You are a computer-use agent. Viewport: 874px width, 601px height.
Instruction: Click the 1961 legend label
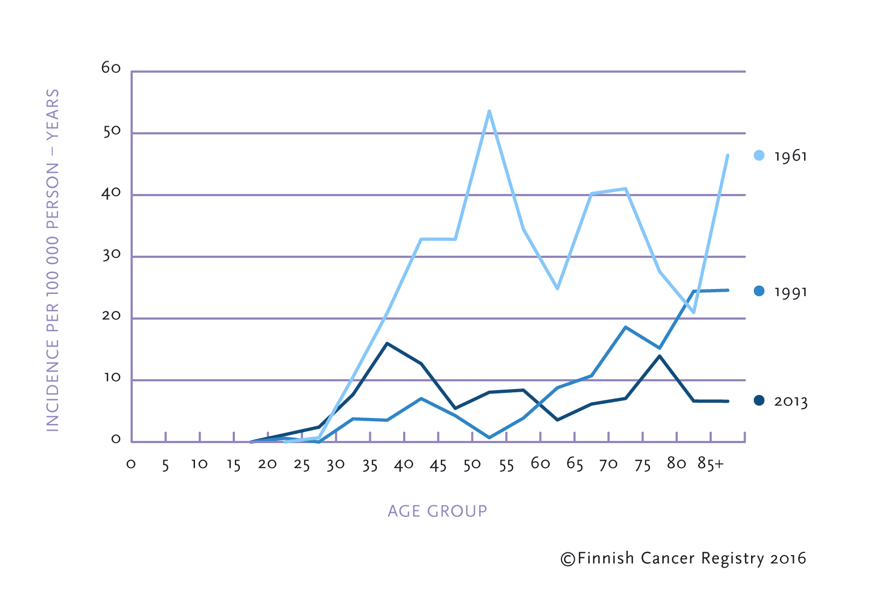[x=790, y=156]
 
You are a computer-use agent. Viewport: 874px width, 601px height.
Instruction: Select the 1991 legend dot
[x=759, y=291]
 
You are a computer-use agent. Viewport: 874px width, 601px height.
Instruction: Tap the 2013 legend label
[x=790, y=402]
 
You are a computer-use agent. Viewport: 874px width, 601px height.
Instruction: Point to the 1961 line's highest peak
[x=489, y=111]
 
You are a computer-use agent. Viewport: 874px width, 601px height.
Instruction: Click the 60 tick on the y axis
[x=111, y=68]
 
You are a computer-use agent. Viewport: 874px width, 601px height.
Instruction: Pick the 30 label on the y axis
[x=111, y=255]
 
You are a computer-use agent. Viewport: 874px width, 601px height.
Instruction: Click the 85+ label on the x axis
[x=711, y=464]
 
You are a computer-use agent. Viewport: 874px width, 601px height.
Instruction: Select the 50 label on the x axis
[x=472, y=464]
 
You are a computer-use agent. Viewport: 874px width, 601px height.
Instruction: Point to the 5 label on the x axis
[x=166, y=465]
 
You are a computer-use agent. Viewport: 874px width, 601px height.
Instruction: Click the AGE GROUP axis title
[x=437, y=511]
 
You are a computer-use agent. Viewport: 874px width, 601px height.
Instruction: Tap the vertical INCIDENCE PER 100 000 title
[x=52, y=260]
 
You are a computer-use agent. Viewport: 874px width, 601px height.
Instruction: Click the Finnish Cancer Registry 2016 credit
[x=683, y=558]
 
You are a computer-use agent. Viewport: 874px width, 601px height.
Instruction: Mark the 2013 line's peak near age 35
[x=387, y=344]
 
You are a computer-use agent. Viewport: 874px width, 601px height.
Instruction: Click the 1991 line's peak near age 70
[x=625, y=327]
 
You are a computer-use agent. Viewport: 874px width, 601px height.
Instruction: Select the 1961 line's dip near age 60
[x=557, y=288]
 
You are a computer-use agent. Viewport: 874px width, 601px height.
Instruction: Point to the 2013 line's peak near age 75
[x=660, y=356]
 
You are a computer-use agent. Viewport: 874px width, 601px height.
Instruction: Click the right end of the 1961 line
[x=728, y=156]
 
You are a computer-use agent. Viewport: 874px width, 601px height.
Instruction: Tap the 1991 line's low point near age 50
[x=489, y=438]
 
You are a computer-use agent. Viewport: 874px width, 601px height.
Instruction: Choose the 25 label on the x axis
[x=302, y=465]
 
